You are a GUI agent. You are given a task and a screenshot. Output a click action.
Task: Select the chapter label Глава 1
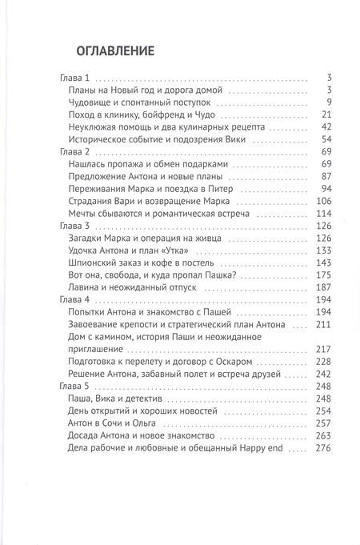click(78, 78)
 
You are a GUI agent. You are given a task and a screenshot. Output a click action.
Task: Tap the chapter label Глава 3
click(78, 227)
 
